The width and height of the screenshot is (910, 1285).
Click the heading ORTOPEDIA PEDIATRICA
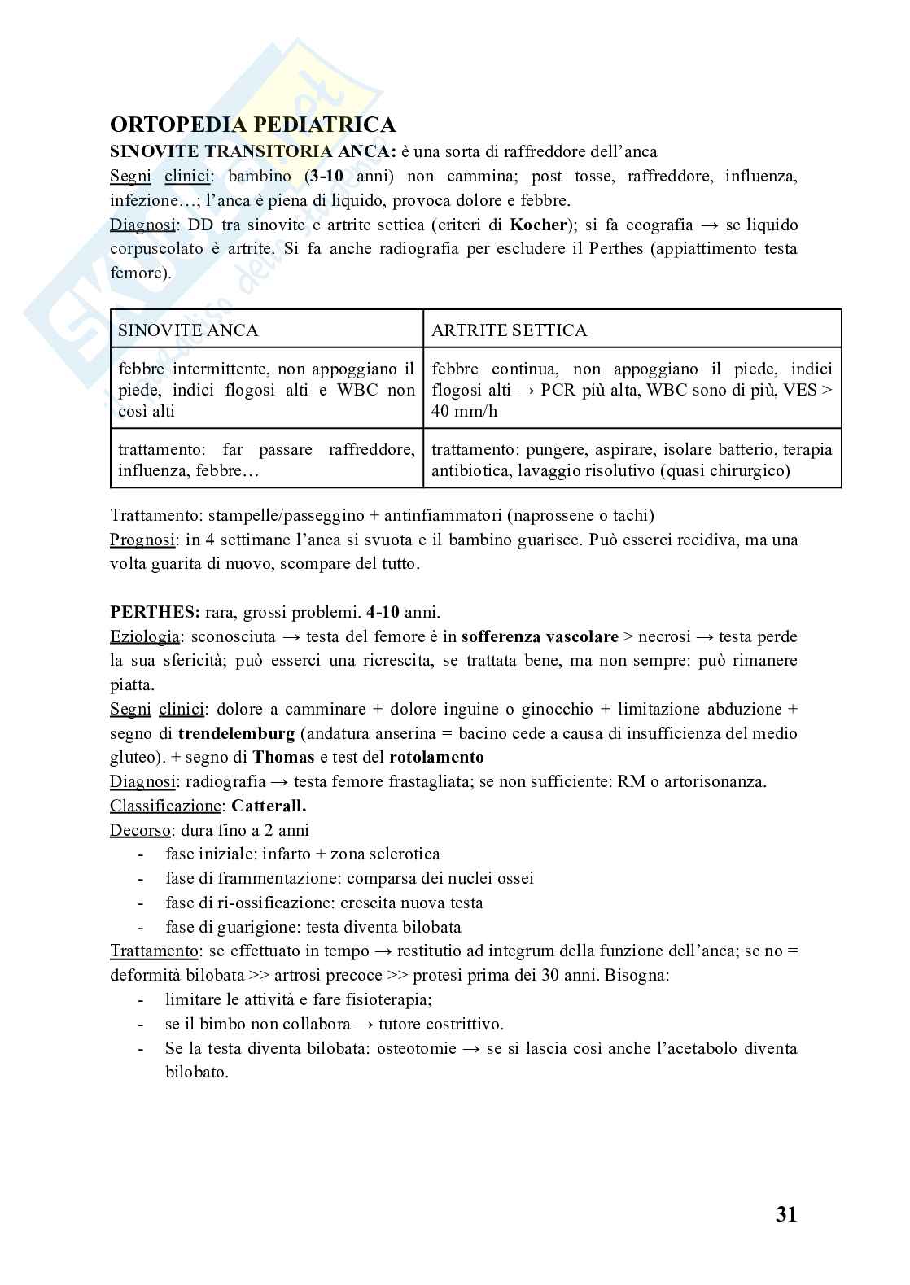pos(252,125)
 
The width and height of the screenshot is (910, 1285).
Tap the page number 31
pos(785,1215)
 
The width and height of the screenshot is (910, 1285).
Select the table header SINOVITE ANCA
pos(188,330)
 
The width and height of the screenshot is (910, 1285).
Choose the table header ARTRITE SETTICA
pos(509,330)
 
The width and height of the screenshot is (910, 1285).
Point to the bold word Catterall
pos(269,806)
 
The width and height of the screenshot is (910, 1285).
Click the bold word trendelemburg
pos(236,733)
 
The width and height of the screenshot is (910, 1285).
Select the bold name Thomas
pos(283,758)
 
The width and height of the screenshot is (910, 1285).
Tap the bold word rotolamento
pos(436,758)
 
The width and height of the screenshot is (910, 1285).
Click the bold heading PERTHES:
pos(155,612)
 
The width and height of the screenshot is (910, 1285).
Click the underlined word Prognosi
pos(142,540)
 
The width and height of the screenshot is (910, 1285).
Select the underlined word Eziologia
pos(145,636)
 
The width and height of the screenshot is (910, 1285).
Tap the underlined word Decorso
pos(140,830)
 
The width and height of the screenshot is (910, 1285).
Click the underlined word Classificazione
pos(165,806)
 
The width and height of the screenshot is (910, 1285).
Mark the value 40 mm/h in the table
pos(464,411)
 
